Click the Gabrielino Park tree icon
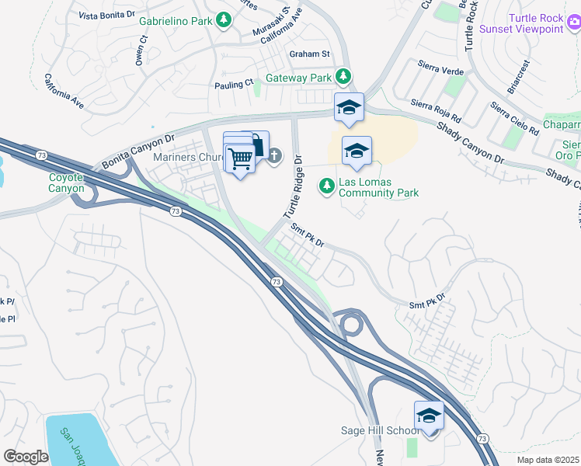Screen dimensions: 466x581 click(224, 19)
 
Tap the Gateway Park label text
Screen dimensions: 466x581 click(299, 78)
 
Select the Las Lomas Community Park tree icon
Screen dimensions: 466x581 click(327, 187)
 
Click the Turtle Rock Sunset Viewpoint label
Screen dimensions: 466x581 click(535, 23)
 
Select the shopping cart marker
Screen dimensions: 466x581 click(241, 158)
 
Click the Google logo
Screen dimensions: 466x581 click(26, 457)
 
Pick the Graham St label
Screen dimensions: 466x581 click(309, 54)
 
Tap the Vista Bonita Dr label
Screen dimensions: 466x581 click(110, 16)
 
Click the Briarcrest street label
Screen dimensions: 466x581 click(520, 78)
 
